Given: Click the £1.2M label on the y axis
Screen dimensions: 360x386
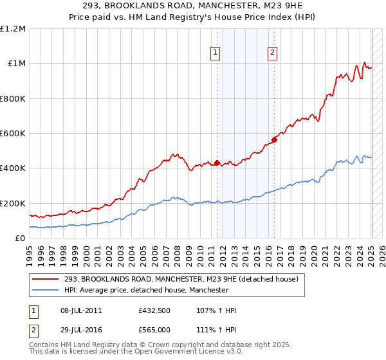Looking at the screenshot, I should pos(13,29).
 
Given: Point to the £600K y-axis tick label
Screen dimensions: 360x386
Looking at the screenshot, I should pos(13,134).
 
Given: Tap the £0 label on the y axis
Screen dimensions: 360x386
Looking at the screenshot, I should pos(20,239).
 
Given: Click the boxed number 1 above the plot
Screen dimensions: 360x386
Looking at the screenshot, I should pos(215,53).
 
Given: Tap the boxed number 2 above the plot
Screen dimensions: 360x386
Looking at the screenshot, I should pos(273,53).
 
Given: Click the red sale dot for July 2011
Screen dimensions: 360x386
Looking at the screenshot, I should pos(217,163).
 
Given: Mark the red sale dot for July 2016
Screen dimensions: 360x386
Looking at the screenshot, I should pos(274,139).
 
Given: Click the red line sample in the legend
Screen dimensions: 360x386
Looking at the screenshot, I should pos(46,280).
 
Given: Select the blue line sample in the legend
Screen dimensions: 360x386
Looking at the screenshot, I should pos(46,291).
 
